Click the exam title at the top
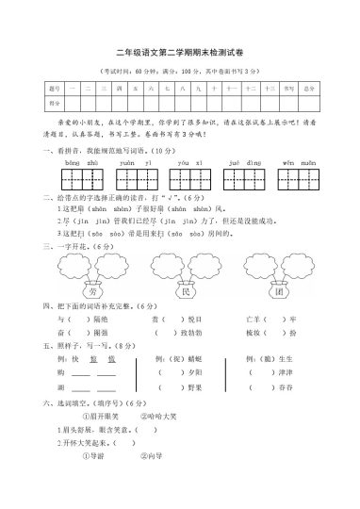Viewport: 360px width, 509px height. pyautogui.click(x=179, y=55)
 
